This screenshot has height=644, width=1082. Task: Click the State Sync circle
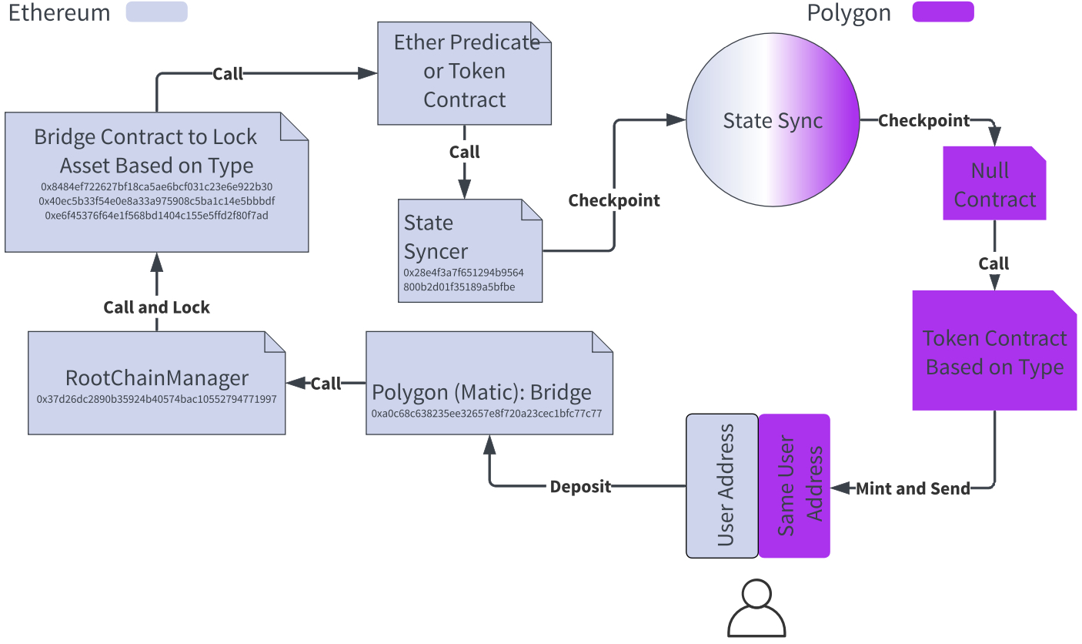point(772,121)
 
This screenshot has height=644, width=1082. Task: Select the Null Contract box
point(994,184)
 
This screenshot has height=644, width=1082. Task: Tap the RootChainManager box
point(157,383)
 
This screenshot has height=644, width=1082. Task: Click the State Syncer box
point(469,250)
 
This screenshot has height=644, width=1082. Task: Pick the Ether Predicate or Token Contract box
point(465,73)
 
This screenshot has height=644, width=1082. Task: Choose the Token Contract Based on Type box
point(994,351)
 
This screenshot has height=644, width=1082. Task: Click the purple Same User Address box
point(794,485)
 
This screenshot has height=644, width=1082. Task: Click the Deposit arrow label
point(580,487)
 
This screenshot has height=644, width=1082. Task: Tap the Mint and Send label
point(913,488)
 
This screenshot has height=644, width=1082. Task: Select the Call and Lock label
point(157,307)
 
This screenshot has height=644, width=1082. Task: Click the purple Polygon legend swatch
point(943,12)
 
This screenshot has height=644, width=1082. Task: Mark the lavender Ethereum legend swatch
point(157,12)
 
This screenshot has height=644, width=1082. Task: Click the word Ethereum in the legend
point(59,13)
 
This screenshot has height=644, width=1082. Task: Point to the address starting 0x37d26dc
point(157,400)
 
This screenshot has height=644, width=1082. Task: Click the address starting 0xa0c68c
point(486,414)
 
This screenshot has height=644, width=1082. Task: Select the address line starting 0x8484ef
point(157,187)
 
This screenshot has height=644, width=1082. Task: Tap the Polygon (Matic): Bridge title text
point(482,393)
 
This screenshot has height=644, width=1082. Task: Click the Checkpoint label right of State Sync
point(923,121)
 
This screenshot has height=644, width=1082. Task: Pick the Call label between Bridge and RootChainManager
point(326,384)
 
